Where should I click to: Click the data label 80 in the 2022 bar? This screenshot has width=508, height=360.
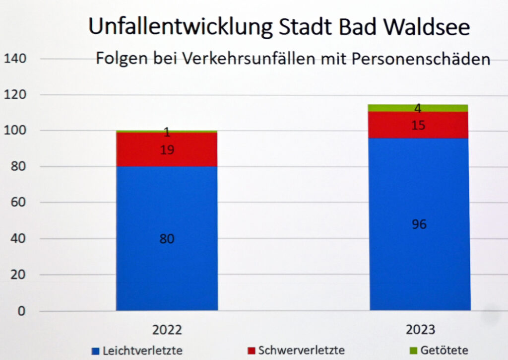coord(167,239)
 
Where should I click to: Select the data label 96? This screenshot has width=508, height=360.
coord(419,224)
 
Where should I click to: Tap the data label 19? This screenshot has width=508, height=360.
coord(167,149)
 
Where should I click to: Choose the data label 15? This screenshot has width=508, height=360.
coord(418,125)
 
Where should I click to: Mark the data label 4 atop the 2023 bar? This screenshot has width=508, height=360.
coord(418,109)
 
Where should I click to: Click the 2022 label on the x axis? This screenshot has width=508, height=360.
coord(167,330)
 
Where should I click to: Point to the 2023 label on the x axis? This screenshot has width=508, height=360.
coord(420,330)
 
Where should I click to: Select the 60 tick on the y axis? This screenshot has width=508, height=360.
coord(17,203)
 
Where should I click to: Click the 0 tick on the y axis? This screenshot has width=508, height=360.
coord(21,311)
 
